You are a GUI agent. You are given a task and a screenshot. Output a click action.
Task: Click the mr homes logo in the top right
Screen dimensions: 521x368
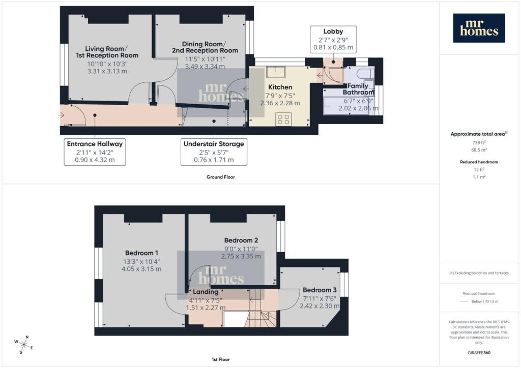pyautogui.click(x=479, y=28)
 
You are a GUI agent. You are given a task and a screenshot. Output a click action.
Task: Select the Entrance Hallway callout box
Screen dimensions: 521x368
pyautogui.click(x=95, y=151)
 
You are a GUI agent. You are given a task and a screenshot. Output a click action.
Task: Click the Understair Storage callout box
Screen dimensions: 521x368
pyautogui.click(x=214, y=151)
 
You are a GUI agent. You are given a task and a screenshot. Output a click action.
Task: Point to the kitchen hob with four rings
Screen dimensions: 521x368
pyautogui.click(x=283, y=119)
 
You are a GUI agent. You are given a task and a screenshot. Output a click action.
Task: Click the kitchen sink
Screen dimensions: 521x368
pyautogui.click(x=276, y=72)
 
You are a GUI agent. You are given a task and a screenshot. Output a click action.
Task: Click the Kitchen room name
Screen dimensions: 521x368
pyautogui.click(x=280, y=87)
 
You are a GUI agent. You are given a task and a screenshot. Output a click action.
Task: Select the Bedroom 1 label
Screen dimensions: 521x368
pyautogui.click(x=141, y=253)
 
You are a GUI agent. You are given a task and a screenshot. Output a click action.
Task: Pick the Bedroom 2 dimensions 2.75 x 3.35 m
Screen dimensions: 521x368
pyautogui.click(x=241, y=256)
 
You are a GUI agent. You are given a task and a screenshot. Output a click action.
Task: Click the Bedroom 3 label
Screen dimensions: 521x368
pyautogui.click(x=320, y=290)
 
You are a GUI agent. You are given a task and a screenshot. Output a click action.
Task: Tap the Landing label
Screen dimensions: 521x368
pyautogui.click(x=206, y=292)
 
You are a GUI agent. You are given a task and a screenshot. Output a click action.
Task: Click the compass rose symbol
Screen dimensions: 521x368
pyautogui.click(x=23, y=345)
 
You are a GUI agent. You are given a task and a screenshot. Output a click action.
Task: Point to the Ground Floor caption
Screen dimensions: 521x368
pyautogui.click(x=221, y=177)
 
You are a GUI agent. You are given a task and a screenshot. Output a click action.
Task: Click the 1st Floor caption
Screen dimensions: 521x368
pyautogui.click(x=221, y=359)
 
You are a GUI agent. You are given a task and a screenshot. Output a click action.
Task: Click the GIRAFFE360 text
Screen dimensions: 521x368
pyautogui.click(x=479, y=352)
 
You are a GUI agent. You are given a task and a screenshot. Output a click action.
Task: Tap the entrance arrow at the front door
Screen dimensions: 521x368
pyautogui.click(x=61, y=115)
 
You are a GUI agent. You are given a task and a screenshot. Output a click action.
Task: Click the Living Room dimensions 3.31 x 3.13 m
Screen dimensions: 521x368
pyautogui.click(x=107, y=71)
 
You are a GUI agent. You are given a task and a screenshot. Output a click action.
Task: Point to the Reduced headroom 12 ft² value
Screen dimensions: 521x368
pyautogui.click(x=479, y=169)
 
